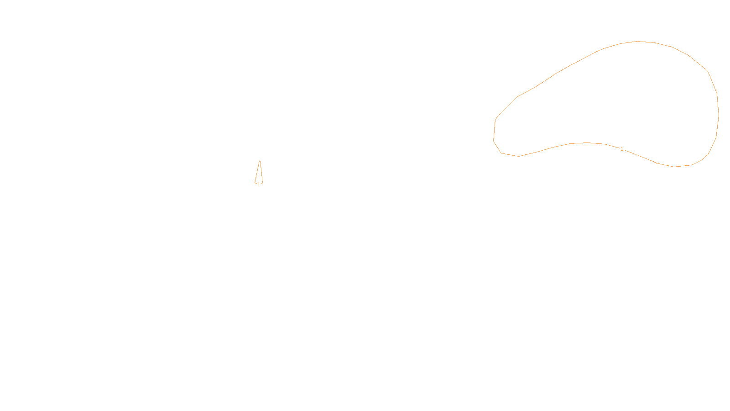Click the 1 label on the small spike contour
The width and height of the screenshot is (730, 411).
259,184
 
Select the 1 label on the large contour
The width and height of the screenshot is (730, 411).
622,149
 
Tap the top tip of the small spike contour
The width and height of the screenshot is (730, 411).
260,160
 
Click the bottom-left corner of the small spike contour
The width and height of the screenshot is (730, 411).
255,183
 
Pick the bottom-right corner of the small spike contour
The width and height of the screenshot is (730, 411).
262,183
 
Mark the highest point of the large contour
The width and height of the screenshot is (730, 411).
637,41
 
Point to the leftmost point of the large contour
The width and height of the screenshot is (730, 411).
493,140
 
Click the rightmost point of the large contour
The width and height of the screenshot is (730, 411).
719,115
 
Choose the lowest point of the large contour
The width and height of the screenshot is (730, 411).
675,167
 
